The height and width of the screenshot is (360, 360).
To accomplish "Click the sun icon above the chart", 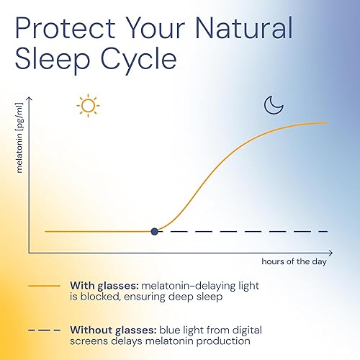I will pyautogui.click(x=88, y=106).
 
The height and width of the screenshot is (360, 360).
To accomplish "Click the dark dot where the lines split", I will pyautogui.click(x=154, y=231).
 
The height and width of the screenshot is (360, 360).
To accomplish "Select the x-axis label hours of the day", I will pyautogui.click(x=294, y=261).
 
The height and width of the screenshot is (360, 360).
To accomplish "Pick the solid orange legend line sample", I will pyautogui.click(x=43, y=284).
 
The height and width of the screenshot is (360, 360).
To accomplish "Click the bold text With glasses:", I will pyautogui.click(x=101, y=284).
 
